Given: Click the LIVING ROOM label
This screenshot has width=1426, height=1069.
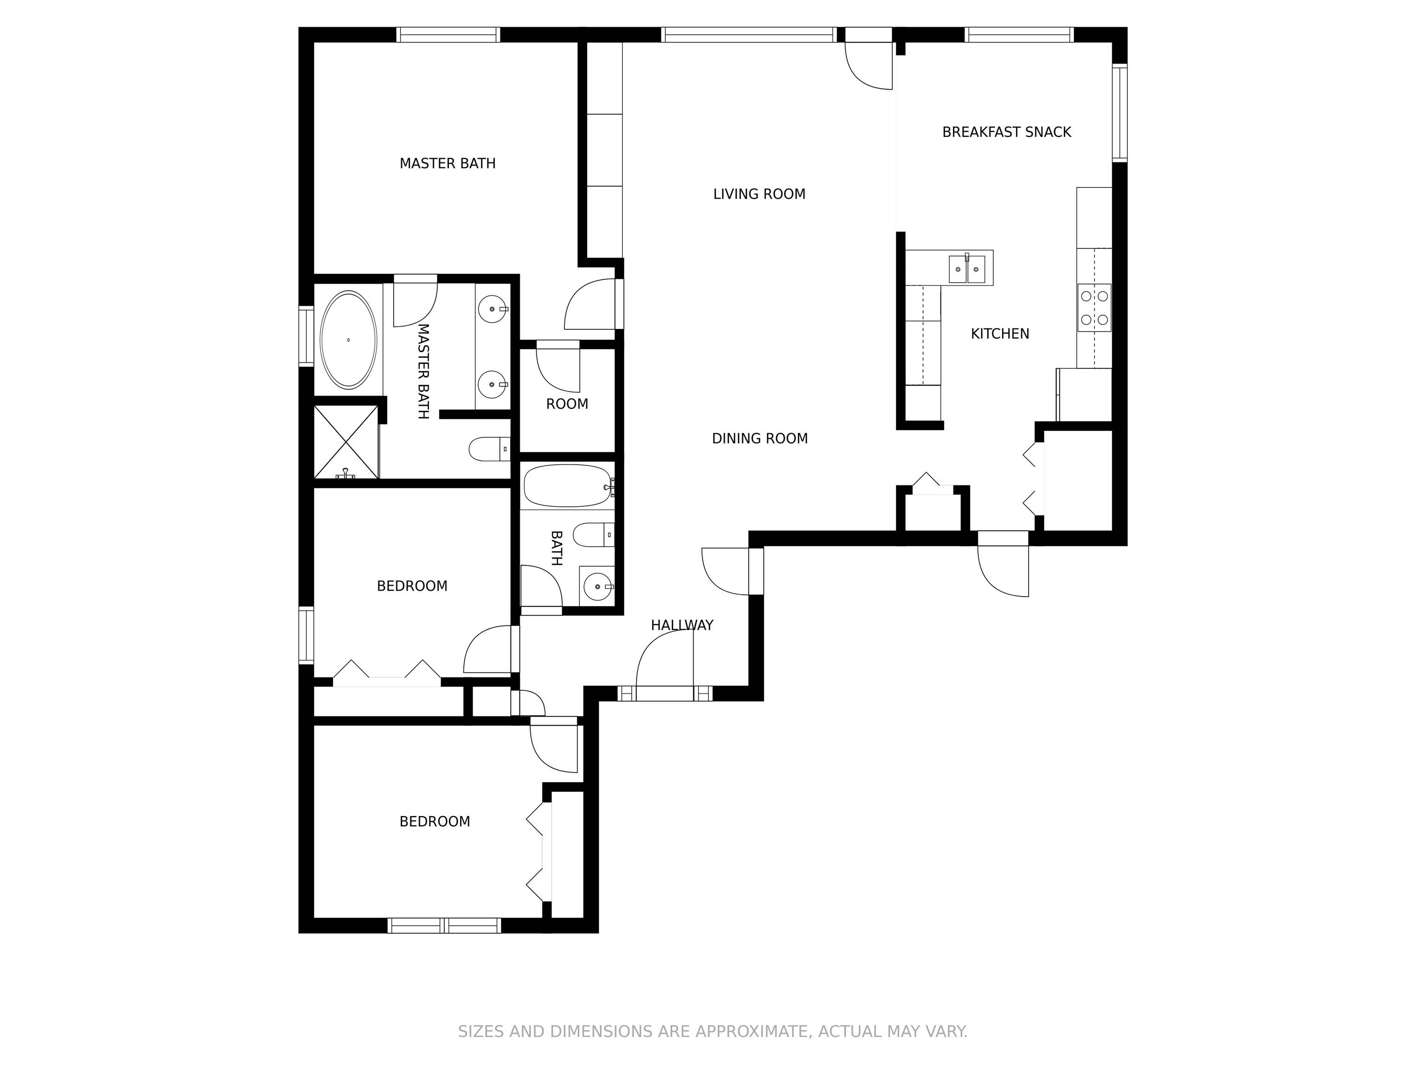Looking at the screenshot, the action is click(x=759, y=194).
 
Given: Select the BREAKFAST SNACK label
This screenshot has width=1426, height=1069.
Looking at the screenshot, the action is click(x=1006, y=132).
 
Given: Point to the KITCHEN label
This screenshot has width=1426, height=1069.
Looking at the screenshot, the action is click(x=1000, y=334).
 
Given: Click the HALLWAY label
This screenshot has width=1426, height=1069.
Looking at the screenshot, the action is click(x=682, y=625).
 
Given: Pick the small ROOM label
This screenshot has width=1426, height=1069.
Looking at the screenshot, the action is click(x=567, y=404).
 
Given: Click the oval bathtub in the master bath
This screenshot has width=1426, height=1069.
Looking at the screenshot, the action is click(x=348, y=340).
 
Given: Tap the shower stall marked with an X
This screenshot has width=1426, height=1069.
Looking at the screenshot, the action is click(x=346, y=442).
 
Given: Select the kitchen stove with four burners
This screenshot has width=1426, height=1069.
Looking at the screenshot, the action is click(x=1094, y=308).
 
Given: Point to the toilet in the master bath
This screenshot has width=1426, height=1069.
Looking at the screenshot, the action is click(x=489, y=449).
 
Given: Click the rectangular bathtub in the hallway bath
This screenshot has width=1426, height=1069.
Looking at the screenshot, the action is click(x=567, y=486).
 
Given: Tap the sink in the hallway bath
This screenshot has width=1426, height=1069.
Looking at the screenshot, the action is click(x=597, y=587).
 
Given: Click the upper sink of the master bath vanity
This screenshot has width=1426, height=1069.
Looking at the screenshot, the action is click(x=493, y=309).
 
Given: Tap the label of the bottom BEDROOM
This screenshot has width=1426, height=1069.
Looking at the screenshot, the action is click(x=434, y=822).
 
